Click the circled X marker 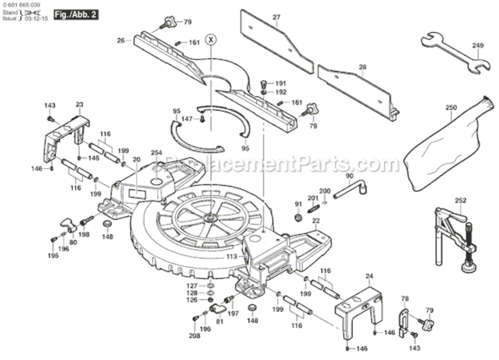click(210, 39)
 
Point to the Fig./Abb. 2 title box click(76, 14)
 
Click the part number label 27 click(276, 18)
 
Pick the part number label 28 click(362, 67)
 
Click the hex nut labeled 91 click(298, 218)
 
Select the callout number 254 click(157, 153)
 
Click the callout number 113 click(232, 257)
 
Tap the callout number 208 click(194, 336)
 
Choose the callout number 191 click(280, 83)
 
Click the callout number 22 click(316, 221)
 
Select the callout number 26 click(120, 41)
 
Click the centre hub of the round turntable click(210, 217)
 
